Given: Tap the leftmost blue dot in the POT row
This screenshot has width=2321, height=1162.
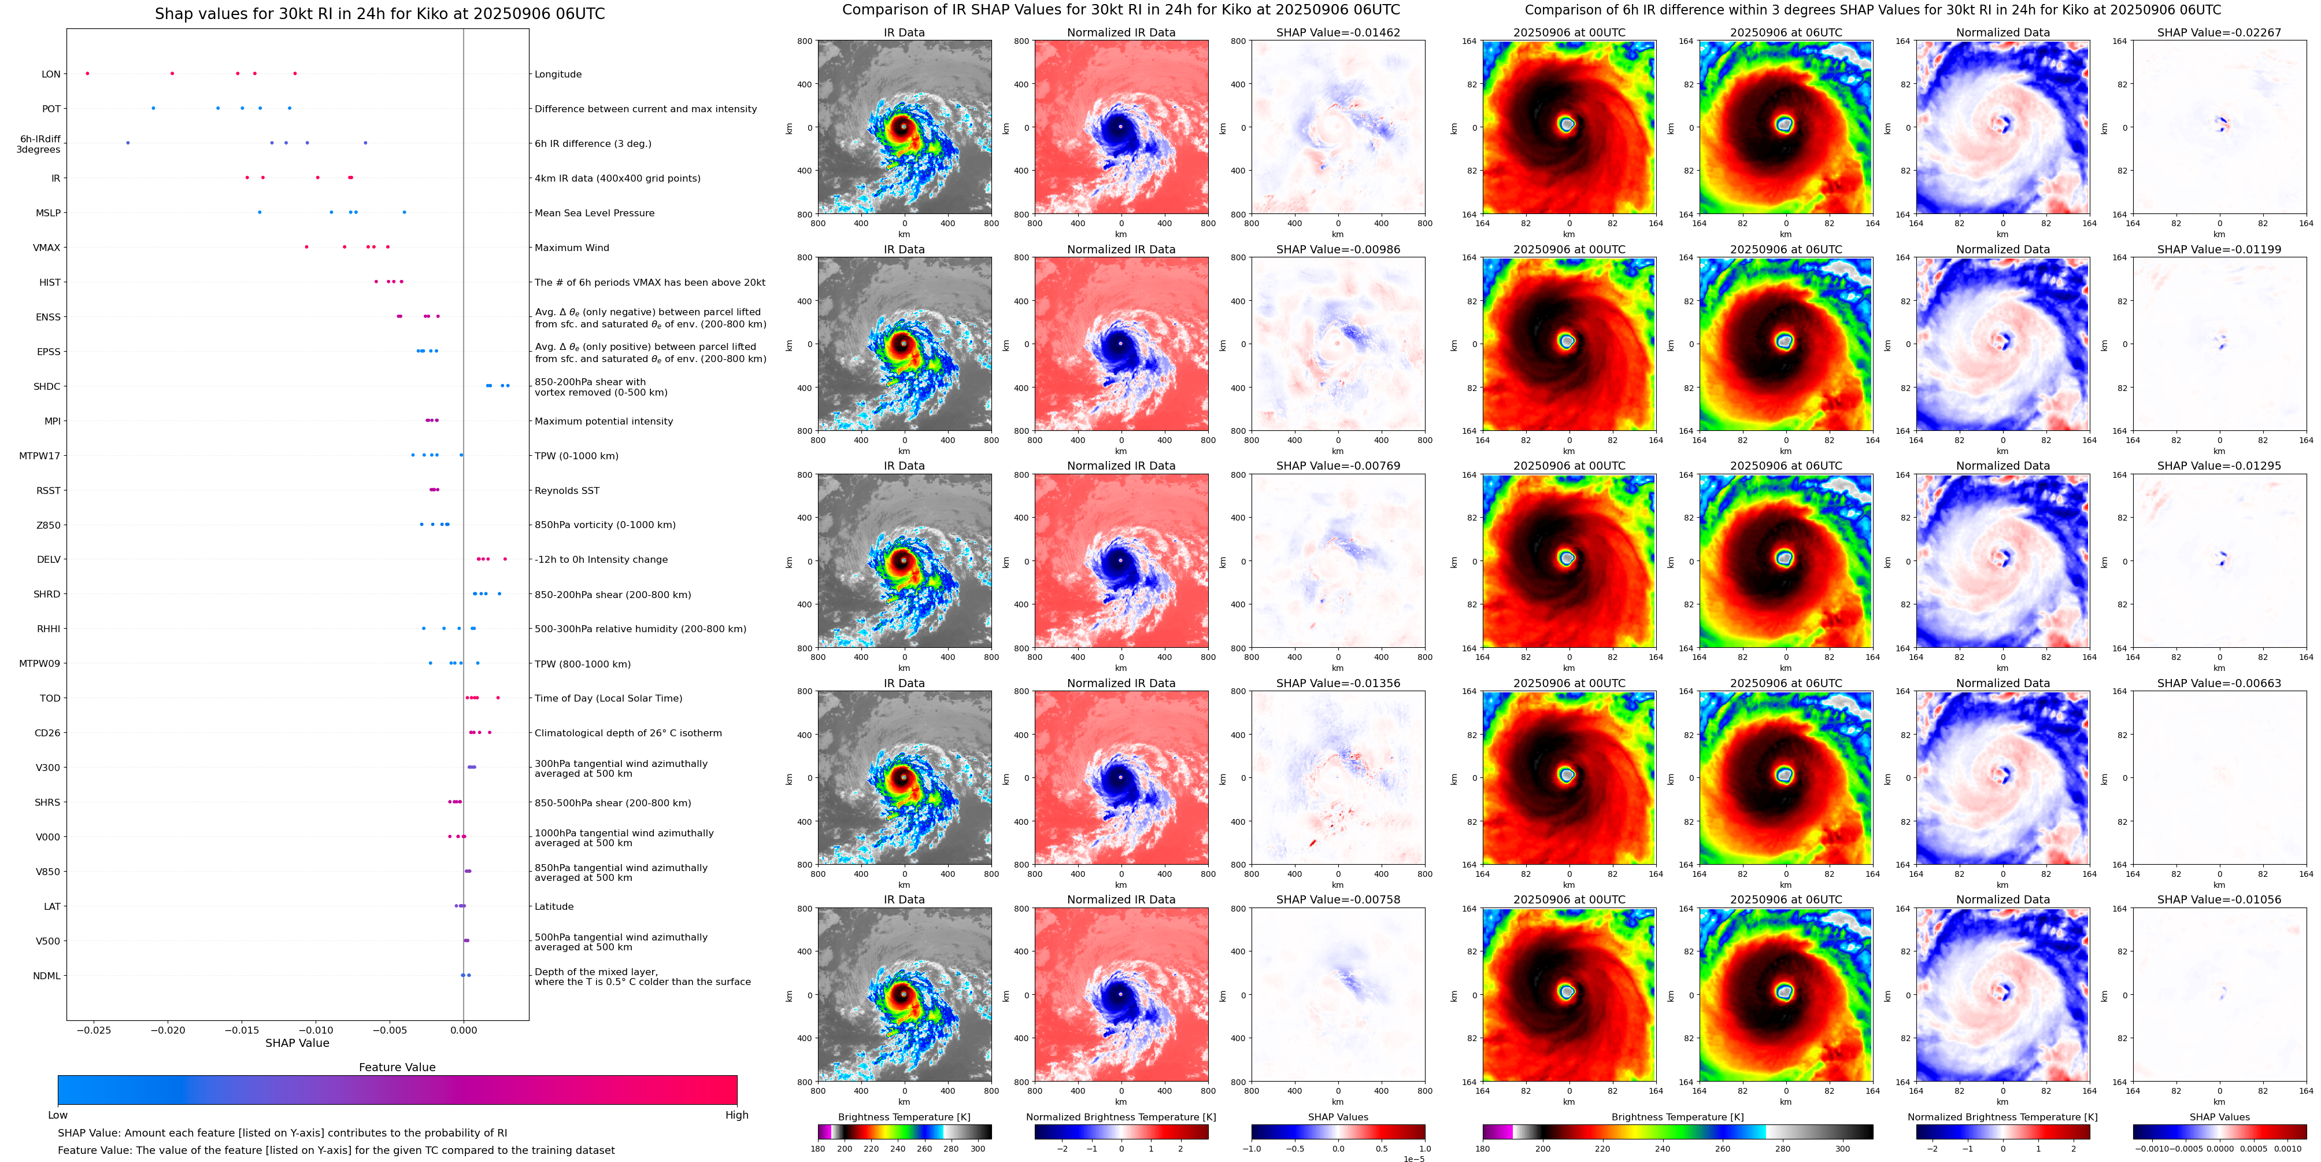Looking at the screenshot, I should click(153, 108).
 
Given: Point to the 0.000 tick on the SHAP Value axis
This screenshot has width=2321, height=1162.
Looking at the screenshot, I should click(463, 1030).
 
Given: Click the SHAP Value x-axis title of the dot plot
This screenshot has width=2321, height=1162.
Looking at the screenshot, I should click(297, 1043).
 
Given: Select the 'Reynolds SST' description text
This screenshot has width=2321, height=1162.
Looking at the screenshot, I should click(567, 491).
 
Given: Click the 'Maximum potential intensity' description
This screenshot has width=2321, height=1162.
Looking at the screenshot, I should click(604, 422).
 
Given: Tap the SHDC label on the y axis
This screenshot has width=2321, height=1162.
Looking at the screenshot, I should click(47, 387).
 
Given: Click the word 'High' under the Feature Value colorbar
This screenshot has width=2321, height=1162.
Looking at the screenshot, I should click(737, 1115).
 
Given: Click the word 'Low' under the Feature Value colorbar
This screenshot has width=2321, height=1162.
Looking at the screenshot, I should click(58, 1115).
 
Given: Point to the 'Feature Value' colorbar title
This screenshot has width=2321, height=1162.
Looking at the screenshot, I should click(397, 1067).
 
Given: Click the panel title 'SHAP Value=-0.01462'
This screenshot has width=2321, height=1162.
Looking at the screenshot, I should click(1338, 32).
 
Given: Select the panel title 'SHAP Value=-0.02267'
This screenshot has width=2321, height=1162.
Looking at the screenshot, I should click(2219, 32).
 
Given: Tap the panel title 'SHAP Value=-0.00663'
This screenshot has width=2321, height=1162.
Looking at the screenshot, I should click(2219, 683).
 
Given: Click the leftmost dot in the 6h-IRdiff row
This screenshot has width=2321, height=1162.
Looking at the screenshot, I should click(128, 142).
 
